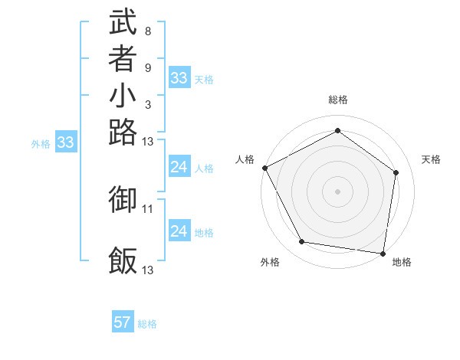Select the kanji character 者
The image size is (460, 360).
[123, 60]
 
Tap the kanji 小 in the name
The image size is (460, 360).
[123, 97]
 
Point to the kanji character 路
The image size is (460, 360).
[123, 133]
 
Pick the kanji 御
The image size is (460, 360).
[123, 200]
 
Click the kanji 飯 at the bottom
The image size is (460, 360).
[123, 261]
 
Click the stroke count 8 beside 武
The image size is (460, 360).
[147, 31]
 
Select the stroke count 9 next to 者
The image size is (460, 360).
[147, 68]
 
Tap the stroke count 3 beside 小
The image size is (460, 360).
[147, 105]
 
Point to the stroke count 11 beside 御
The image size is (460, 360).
[148, 208]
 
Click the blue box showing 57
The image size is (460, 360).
[123, 322]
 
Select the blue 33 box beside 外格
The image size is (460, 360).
[66, 142]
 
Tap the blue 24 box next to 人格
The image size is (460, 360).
[179, 167]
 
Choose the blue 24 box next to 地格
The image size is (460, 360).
[179, 231]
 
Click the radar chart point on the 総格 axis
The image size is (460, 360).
[337, 130]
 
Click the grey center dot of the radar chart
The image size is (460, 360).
[337, 191]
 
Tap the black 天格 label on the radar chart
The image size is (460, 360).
[431, 159]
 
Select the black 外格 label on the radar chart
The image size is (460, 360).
[270, 263]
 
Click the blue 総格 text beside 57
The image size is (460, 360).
[147, 324]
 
